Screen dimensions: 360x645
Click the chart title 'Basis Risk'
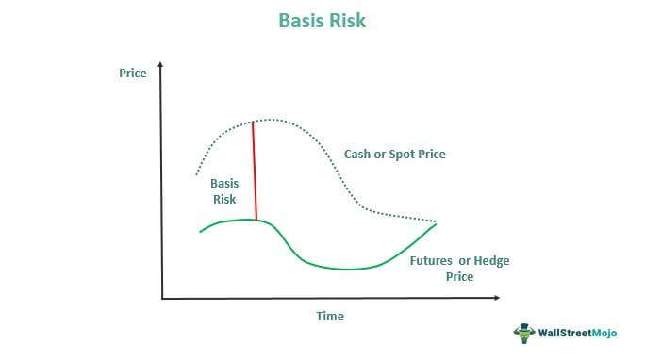(322, 19)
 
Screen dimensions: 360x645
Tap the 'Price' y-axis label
(133, 73)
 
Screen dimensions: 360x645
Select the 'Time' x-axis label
(330, 316)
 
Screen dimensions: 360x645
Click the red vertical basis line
(255, 170)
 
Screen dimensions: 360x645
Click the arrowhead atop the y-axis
(163, 67)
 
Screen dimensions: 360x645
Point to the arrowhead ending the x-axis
(497, 299)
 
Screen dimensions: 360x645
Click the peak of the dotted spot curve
(272, 120)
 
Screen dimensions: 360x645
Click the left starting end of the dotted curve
(196, 174)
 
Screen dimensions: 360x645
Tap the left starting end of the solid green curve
(200, 231)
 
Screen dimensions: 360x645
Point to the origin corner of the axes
(163, 299)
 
